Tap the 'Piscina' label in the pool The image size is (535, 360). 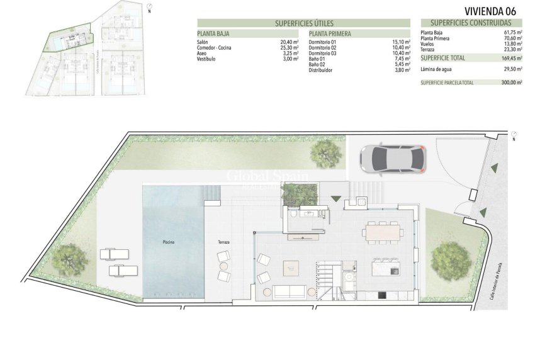point(169,242)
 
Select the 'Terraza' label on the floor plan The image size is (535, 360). point(224,242)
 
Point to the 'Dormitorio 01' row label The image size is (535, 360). point(322,42)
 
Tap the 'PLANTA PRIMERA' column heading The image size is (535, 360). point(330,34)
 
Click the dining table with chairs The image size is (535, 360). point(383,232)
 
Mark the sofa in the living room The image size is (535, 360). point(289,291)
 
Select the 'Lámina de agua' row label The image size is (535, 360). point(436,69)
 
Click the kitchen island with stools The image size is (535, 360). point(385,267)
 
